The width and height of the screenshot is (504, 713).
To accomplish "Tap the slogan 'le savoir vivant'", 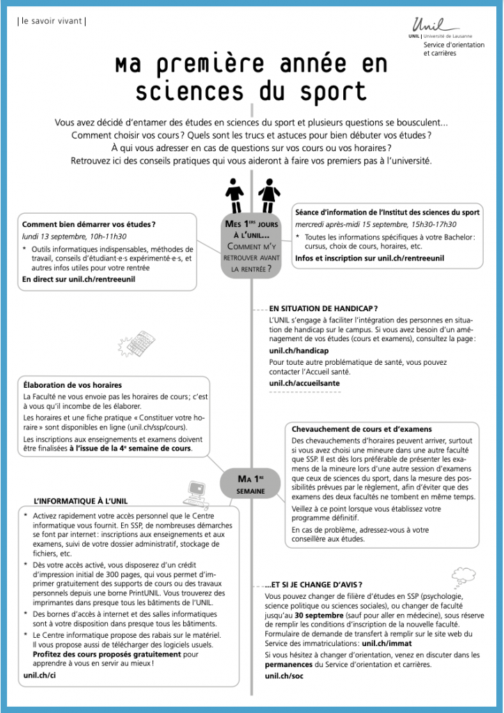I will coord(52,21).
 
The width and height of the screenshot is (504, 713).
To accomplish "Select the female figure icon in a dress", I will coord(267,196).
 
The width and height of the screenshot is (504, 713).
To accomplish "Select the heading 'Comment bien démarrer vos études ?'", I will coord(88,224).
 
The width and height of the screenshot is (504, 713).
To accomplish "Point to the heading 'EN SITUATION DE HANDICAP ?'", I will coord(323,307).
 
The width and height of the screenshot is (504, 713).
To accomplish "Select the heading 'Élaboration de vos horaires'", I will coord(72,384).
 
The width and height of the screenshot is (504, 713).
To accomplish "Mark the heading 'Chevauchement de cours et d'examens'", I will coord(361,429).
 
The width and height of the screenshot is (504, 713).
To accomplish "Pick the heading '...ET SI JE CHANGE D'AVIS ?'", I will coord(313,584).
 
